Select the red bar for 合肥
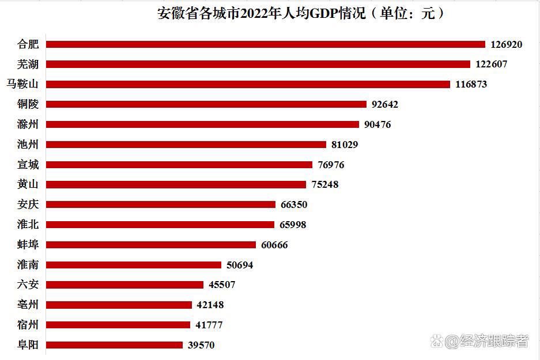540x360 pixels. click(265, 44)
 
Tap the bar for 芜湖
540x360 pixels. click(258, 64)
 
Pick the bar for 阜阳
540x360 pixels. click(114, 345)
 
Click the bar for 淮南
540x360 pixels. click(133, 265)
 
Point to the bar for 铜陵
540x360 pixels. click(206, 104)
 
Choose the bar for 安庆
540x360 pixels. click(160, 204)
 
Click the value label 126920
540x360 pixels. click(506, 44)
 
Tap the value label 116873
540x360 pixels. click(471, 84)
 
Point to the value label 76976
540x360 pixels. click(331, 165)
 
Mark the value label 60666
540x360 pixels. click(274, 245)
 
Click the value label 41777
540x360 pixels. click(209, 325)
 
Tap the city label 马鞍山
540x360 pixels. click(22, 84)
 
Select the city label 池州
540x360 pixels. click(28, 145)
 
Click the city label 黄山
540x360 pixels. click(28, 184)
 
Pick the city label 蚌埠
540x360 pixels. click(28, 245)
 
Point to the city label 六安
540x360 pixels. click(28, 285)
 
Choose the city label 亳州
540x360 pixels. click(28, 305)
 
